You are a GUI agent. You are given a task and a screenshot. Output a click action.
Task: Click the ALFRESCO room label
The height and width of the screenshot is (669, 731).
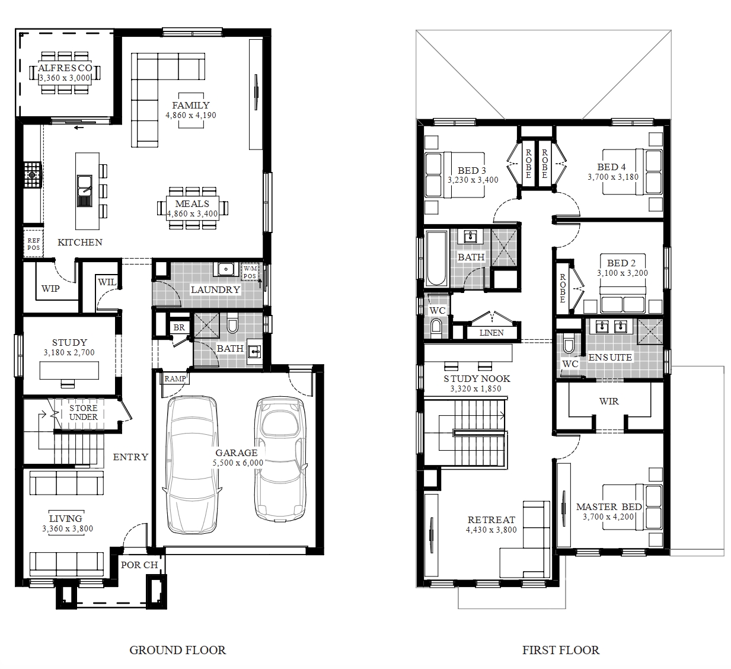pyautogui.click(x=65, y=68)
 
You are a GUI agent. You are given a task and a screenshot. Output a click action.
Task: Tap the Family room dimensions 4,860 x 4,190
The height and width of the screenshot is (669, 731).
pyautogui.click(x=190, y=115)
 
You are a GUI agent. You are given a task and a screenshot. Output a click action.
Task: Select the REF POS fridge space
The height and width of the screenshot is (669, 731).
pyautogui.click(x=34, y=244)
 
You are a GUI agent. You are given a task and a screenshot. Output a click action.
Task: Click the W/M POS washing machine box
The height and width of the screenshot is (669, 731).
pyautogui.click(x=250, y=272)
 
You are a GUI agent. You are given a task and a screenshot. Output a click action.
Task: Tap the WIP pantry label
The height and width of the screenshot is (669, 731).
pyautogui.click(x=50, y=289)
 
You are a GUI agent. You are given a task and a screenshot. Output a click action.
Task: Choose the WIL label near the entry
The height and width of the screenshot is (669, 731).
pyautogui.click(x=107, y=282)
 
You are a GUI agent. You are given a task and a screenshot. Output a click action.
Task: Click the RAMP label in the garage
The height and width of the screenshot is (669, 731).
pyautogui.click(x=175, y=379)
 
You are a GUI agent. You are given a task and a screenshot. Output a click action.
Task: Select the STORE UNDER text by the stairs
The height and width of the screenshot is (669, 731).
pyautogui.click(x=84, y=412)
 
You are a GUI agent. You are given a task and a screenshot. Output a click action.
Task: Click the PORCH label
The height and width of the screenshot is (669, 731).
pyautogui.click(x=139, y=565)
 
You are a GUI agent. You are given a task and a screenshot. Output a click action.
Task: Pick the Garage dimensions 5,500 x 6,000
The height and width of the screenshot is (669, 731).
pyautogui.click(x=238, y=463)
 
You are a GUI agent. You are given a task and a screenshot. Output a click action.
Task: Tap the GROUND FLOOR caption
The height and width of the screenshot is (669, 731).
pyautogui.click(x=177, y=650)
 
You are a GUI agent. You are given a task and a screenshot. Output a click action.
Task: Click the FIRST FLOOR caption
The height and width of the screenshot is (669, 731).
pyautogui.click(x=560, y=650)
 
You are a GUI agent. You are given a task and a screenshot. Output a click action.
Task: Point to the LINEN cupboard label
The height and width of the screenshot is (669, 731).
pyautogui.click(x=491, y=333)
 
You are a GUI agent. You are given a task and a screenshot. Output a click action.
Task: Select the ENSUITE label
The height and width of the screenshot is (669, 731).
pyautogui.click(x=610, y=357)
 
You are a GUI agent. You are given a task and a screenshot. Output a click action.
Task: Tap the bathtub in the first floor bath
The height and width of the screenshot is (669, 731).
pyautogui.click(x=436, y=258)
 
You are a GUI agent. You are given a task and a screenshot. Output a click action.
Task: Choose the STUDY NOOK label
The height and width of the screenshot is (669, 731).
pyautogui.click(x=477, y=379)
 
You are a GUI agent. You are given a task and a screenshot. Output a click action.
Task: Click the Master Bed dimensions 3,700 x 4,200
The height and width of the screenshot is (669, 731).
pyautogui.click(x=608, y=517)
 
